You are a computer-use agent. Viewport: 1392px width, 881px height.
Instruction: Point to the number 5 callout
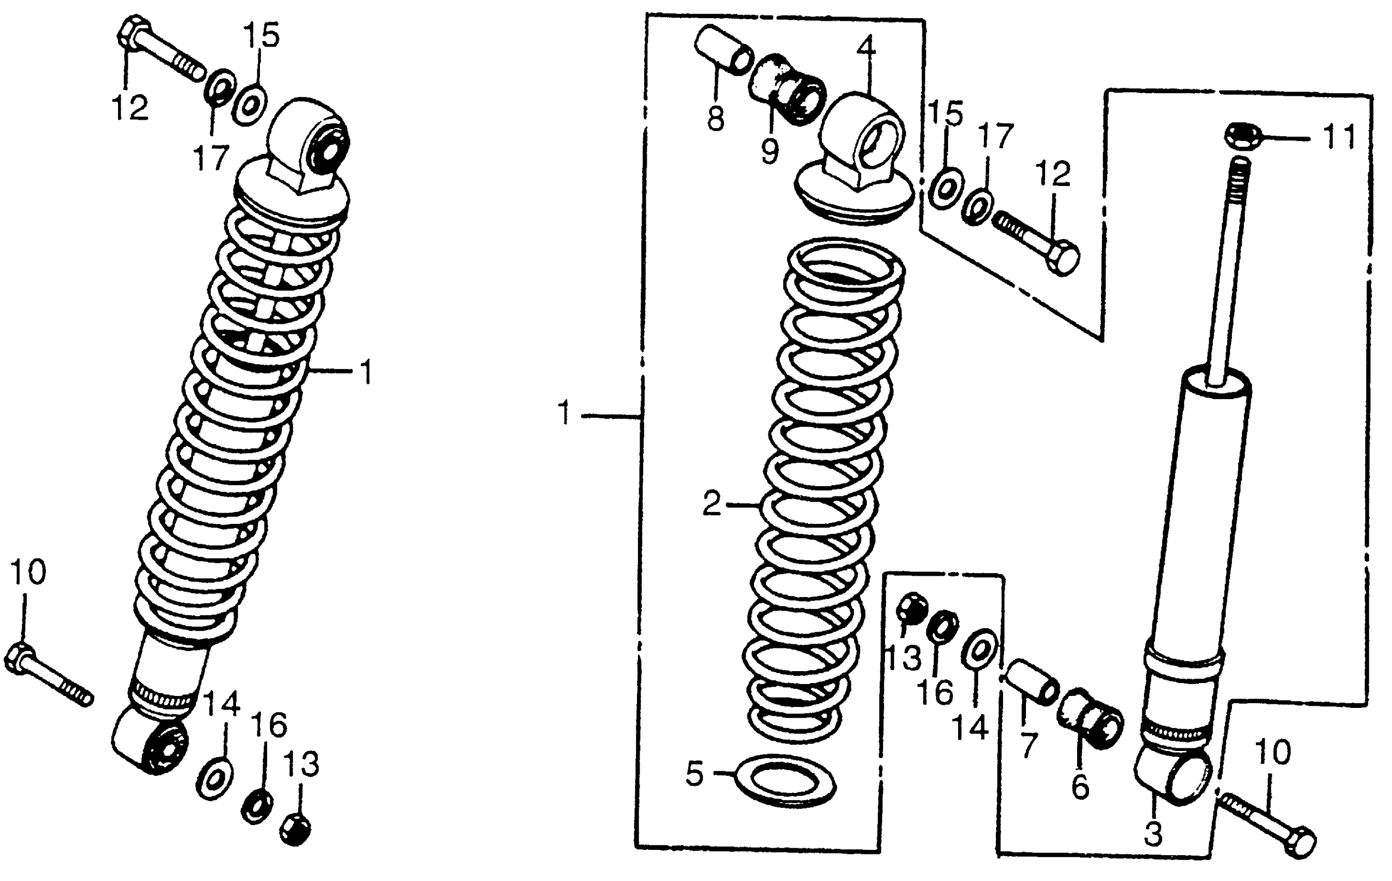(x=695, y=773)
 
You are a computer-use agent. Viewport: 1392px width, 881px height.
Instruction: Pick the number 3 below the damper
(x=1153, y=834)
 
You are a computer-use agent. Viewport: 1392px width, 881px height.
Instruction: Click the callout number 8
(x=716, y=119)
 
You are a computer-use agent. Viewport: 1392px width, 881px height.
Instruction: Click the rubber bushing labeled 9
(x=787, y=88)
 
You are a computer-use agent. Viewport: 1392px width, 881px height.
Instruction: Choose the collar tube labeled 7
(x=1030, y=683)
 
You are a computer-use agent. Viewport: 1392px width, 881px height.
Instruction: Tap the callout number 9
(x=769, y=151)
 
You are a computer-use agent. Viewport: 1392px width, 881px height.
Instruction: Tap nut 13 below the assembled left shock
(x=295, y=830)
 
